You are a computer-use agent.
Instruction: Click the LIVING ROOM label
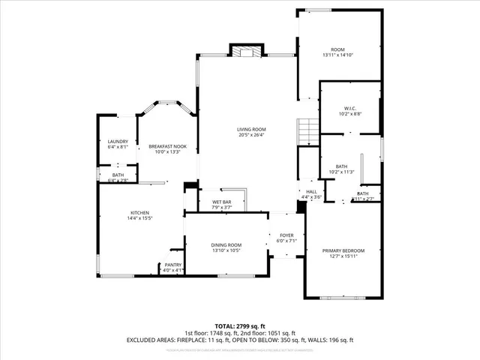tap(252, 129)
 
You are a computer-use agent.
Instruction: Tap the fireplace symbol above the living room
tap(246, 52)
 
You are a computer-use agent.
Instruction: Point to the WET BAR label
tap(220, 202)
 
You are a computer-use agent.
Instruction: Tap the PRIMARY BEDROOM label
tap(343, 250)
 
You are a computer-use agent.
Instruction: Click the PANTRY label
tap(172, 265)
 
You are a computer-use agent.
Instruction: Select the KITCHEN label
tap(139, 212)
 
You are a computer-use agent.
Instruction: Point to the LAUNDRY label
tap(118, 141)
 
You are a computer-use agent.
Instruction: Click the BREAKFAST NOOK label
tap(166, 145)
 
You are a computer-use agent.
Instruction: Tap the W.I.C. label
tap(350, 107)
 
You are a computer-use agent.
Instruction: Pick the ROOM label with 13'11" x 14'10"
tap(337, 49)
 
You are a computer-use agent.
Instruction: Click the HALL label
tap(311, 191)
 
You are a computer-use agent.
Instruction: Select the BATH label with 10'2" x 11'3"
tap(341, 166)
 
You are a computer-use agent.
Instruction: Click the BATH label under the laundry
tap(118, 175)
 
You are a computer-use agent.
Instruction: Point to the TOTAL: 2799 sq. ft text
tap(240, 325)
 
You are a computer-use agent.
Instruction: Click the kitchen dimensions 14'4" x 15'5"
tap(139, 218)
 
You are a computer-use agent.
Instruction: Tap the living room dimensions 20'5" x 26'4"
tap(252, 135)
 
